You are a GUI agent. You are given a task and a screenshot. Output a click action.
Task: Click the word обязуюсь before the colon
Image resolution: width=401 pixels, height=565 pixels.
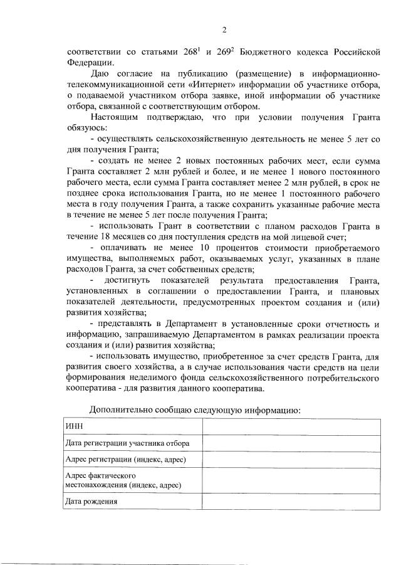click(x=85, y=128)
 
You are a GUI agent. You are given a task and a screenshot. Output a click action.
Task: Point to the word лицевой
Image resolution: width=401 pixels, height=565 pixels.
click(x=316, y=237)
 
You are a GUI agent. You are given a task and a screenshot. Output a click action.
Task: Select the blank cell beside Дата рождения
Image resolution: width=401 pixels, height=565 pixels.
click(x=291, y=502)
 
